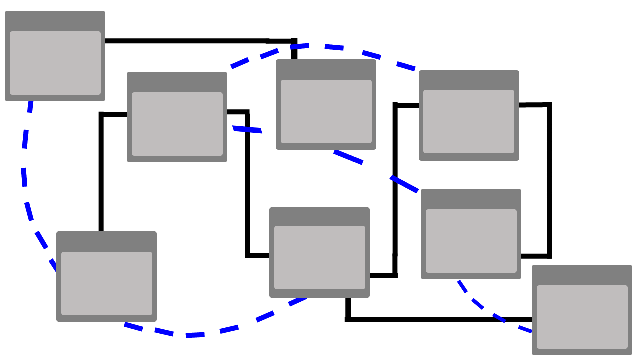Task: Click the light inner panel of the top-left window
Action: [x=55, y=63]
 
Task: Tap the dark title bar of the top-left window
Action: [x=55, y=21]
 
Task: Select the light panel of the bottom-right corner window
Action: [x=582, y=317]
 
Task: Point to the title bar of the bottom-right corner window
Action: [x=582, y=275]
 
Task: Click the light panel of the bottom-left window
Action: [x=106, y=283]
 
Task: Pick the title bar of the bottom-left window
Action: [x=106, y=241]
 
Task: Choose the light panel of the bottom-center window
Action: [x=319, y=257]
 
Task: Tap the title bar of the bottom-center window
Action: [x=319, y=216]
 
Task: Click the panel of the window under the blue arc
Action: [x=326, y=111]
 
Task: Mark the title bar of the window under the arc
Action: [x=326, y=69]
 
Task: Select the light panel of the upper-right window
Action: [x=468, y=121]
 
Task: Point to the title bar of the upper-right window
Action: [x=468, y=80]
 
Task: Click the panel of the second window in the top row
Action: [x=177, y=124]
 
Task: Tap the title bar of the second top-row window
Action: [x=177, y=82]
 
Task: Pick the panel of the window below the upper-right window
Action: [x=471, y=241]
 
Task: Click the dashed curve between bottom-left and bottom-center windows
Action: [x=195, y=335]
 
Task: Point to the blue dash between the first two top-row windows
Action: [x=247, y=130]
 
